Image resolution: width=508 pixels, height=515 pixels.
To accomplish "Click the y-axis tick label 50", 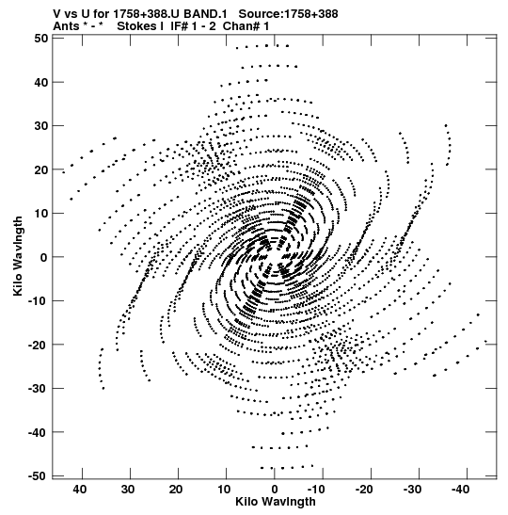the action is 40,39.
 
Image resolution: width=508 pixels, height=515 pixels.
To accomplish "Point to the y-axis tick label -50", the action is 38,476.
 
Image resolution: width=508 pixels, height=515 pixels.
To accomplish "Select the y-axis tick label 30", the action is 40,126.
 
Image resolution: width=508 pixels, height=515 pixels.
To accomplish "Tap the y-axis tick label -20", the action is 38,345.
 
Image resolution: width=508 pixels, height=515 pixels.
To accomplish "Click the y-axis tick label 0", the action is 44,257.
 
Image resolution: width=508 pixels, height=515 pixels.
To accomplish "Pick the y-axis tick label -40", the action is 38,432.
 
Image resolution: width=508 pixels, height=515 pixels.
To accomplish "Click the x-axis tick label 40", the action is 80,490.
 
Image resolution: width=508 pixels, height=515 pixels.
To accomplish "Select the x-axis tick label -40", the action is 460,490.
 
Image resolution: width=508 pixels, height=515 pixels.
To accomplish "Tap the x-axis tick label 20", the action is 176,490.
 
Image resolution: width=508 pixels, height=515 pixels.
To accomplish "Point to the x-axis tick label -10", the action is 316,490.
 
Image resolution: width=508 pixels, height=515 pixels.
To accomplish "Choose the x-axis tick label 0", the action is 275,490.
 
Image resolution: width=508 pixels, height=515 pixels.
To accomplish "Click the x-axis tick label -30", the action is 412,490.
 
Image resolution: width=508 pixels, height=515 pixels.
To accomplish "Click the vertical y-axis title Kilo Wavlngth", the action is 18,256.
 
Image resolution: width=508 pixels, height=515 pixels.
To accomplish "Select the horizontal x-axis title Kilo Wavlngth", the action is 276,502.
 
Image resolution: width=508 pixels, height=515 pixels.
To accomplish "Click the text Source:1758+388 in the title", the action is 288,14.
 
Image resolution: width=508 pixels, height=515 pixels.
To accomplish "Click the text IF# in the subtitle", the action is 179,26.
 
